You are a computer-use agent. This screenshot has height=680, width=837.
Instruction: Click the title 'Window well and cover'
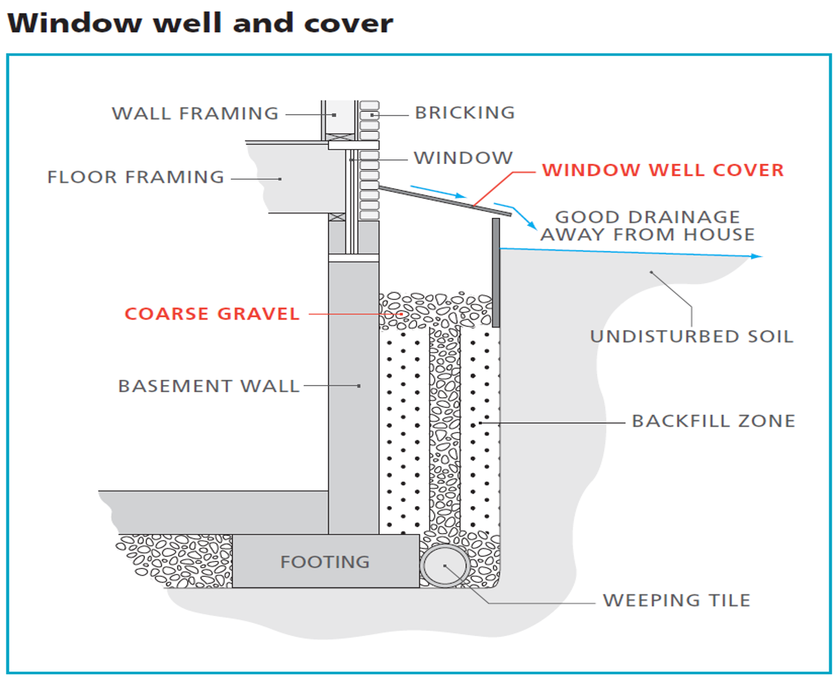(200, 23)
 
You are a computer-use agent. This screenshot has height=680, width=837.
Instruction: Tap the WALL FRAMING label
(195, 113)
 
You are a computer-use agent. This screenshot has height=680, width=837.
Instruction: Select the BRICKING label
(464, 113)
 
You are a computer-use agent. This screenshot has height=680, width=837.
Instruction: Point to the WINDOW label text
(463, 158)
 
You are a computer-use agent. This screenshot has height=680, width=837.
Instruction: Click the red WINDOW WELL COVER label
(663, 170)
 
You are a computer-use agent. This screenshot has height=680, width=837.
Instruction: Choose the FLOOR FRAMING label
(135, 177)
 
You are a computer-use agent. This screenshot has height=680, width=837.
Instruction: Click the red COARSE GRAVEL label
(212, 314)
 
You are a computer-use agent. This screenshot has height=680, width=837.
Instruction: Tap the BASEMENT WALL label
(209, 386)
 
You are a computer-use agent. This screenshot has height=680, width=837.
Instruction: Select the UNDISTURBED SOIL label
(691, 336)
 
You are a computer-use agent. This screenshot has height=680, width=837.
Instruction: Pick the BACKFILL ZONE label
(713, 421)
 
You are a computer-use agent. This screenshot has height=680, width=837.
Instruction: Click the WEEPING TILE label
(676, 600)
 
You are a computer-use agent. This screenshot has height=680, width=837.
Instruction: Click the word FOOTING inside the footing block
(325, 562)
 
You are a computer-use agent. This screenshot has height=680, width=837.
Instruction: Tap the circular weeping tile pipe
(445, 566)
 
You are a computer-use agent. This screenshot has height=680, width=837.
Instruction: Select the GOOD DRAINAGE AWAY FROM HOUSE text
(648, 226)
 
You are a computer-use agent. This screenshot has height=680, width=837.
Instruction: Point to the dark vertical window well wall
(496, 272)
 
